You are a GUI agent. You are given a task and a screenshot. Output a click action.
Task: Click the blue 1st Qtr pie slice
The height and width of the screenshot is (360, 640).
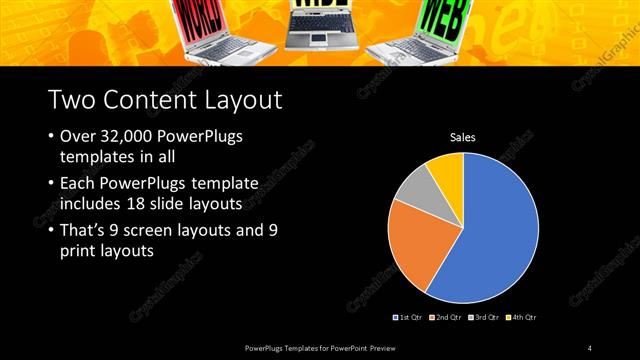point(490,230)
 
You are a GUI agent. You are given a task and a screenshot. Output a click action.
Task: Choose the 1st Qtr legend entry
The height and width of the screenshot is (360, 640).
point(408,317)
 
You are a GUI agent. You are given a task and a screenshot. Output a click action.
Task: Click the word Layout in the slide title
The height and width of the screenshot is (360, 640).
point(233,100)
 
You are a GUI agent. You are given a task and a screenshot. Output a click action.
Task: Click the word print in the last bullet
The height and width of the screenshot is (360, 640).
point(79,251)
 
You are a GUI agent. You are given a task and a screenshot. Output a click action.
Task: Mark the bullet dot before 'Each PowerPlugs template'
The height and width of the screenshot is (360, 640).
point(50,184)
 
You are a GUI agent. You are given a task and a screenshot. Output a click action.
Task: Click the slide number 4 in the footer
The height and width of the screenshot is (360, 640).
point(590,347)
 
